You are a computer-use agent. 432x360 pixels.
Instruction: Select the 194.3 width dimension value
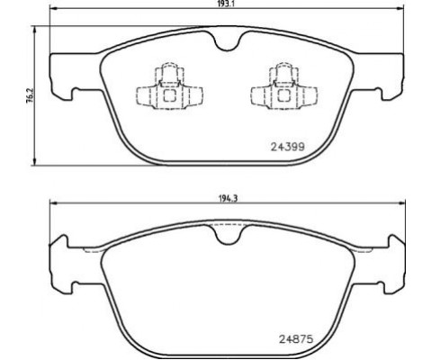229,198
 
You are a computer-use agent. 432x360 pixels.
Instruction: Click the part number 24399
288,147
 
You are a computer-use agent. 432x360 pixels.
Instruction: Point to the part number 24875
296,339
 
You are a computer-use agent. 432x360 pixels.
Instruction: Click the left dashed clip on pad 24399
169,86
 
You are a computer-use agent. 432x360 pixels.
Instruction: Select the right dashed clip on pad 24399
283,86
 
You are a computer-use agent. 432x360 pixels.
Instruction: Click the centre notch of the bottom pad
229,235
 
